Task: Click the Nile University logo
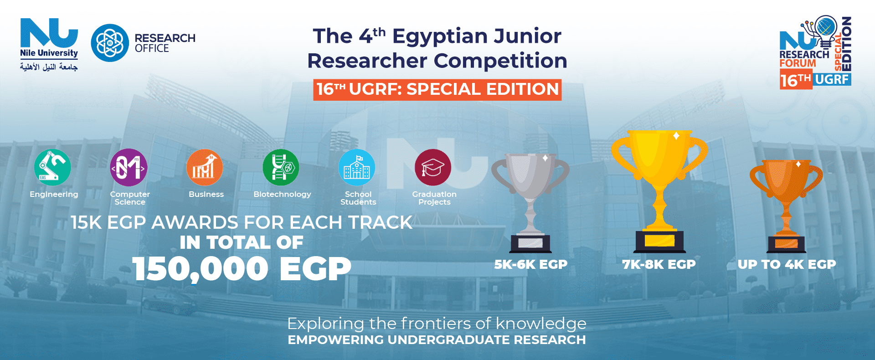(x=49, y=45)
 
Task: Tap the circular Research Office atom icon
(x=110, y=43)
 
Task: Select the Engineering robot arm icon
(x=52, y=167)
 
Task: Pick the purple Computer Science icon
(x=129, y=167)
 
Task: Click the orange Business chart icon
(x=205, y=167)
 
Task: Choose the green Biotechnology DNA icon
(x=281, y=167)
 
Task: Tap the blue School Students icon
(x=357, y=167)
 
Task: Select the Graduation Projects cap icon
(x=433, y=167)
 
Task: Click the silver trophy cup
(x=530, y=203)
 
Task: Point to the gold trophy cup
(x=659, y=191)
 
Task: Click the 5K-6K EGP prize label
(x=531, y=264)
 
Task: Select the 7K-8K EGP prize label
(x=659, y=264)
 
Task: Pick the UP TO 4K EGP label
(x=787, y=264)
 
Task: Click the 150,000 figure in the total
(x=200, y=268)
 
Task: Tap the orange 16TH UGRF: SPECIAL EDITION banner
(x=437, y=89)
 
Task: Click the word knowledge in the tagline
(x=541, y=324)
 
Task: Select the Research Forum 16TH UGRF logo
(x=815, y=52)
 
